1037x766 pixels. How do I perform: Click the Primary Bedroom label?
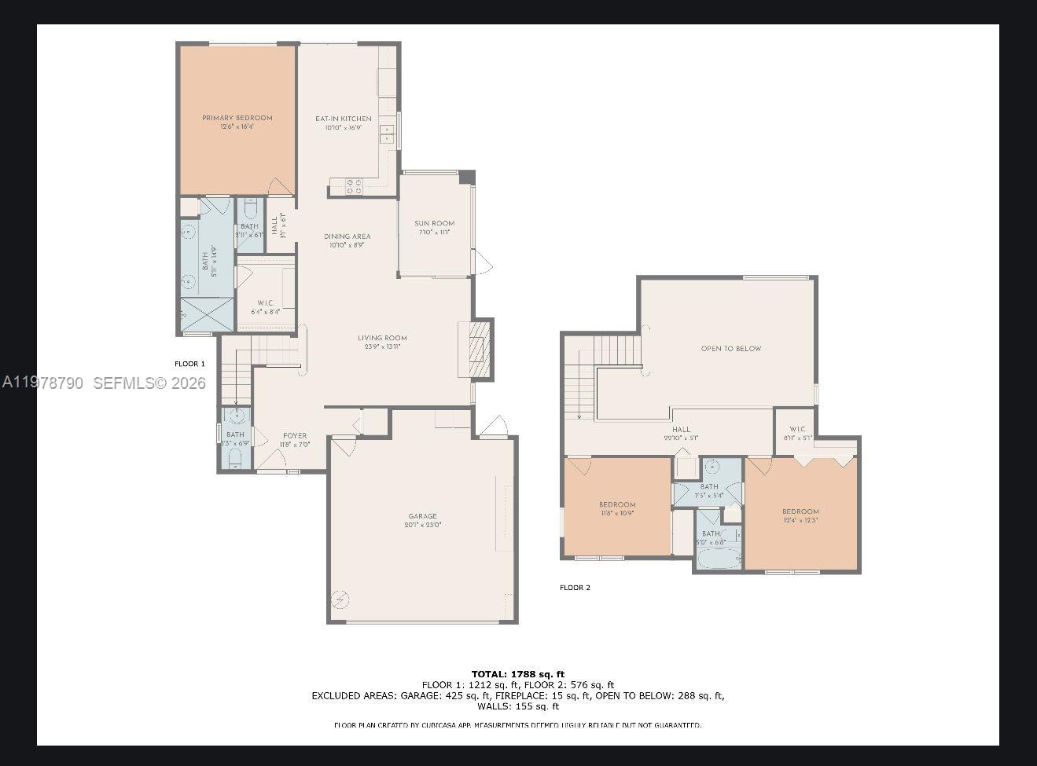click(x=237, y=119)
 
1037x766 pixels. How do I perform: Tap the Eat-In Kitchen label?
click(x=344, y=119)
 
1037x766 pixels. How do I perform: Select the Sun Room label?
click(x=435, y=224)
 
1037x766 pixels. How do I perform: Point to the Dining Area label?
click(x=347, y=236)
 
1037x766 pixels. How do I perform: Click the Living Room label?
click(x=382, y=339)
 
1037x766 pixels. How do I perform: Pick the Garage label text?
click(x=422, y=517)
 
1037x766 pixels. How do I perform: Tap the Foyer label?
click(x=295, y=436)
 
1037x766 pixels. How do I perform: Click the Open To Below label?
click(x=731, y=349)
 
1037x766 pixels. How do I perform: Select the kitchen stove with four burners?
click(x=354, y=186)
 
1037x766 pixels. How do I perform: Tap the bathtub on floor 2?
click(x=717, y=559)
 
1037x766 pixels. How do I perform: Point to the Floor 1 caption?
click(x=189, y=364)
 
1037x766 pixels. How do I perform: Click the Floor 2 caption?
click(x=575, y=588)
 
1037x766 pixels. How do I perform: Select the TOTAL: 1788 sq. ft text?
click(x=517, y=674)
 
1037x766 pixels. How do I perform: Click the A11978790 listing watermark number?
click(x=42, y=383)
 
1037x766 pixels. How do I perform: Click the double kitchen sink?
click(x=387, y=134)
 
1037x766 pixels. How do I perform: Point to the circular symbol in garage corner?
click(x=340, y=600)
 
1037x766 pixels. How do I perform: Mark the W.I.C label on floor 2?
click(x=797, y=429)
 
